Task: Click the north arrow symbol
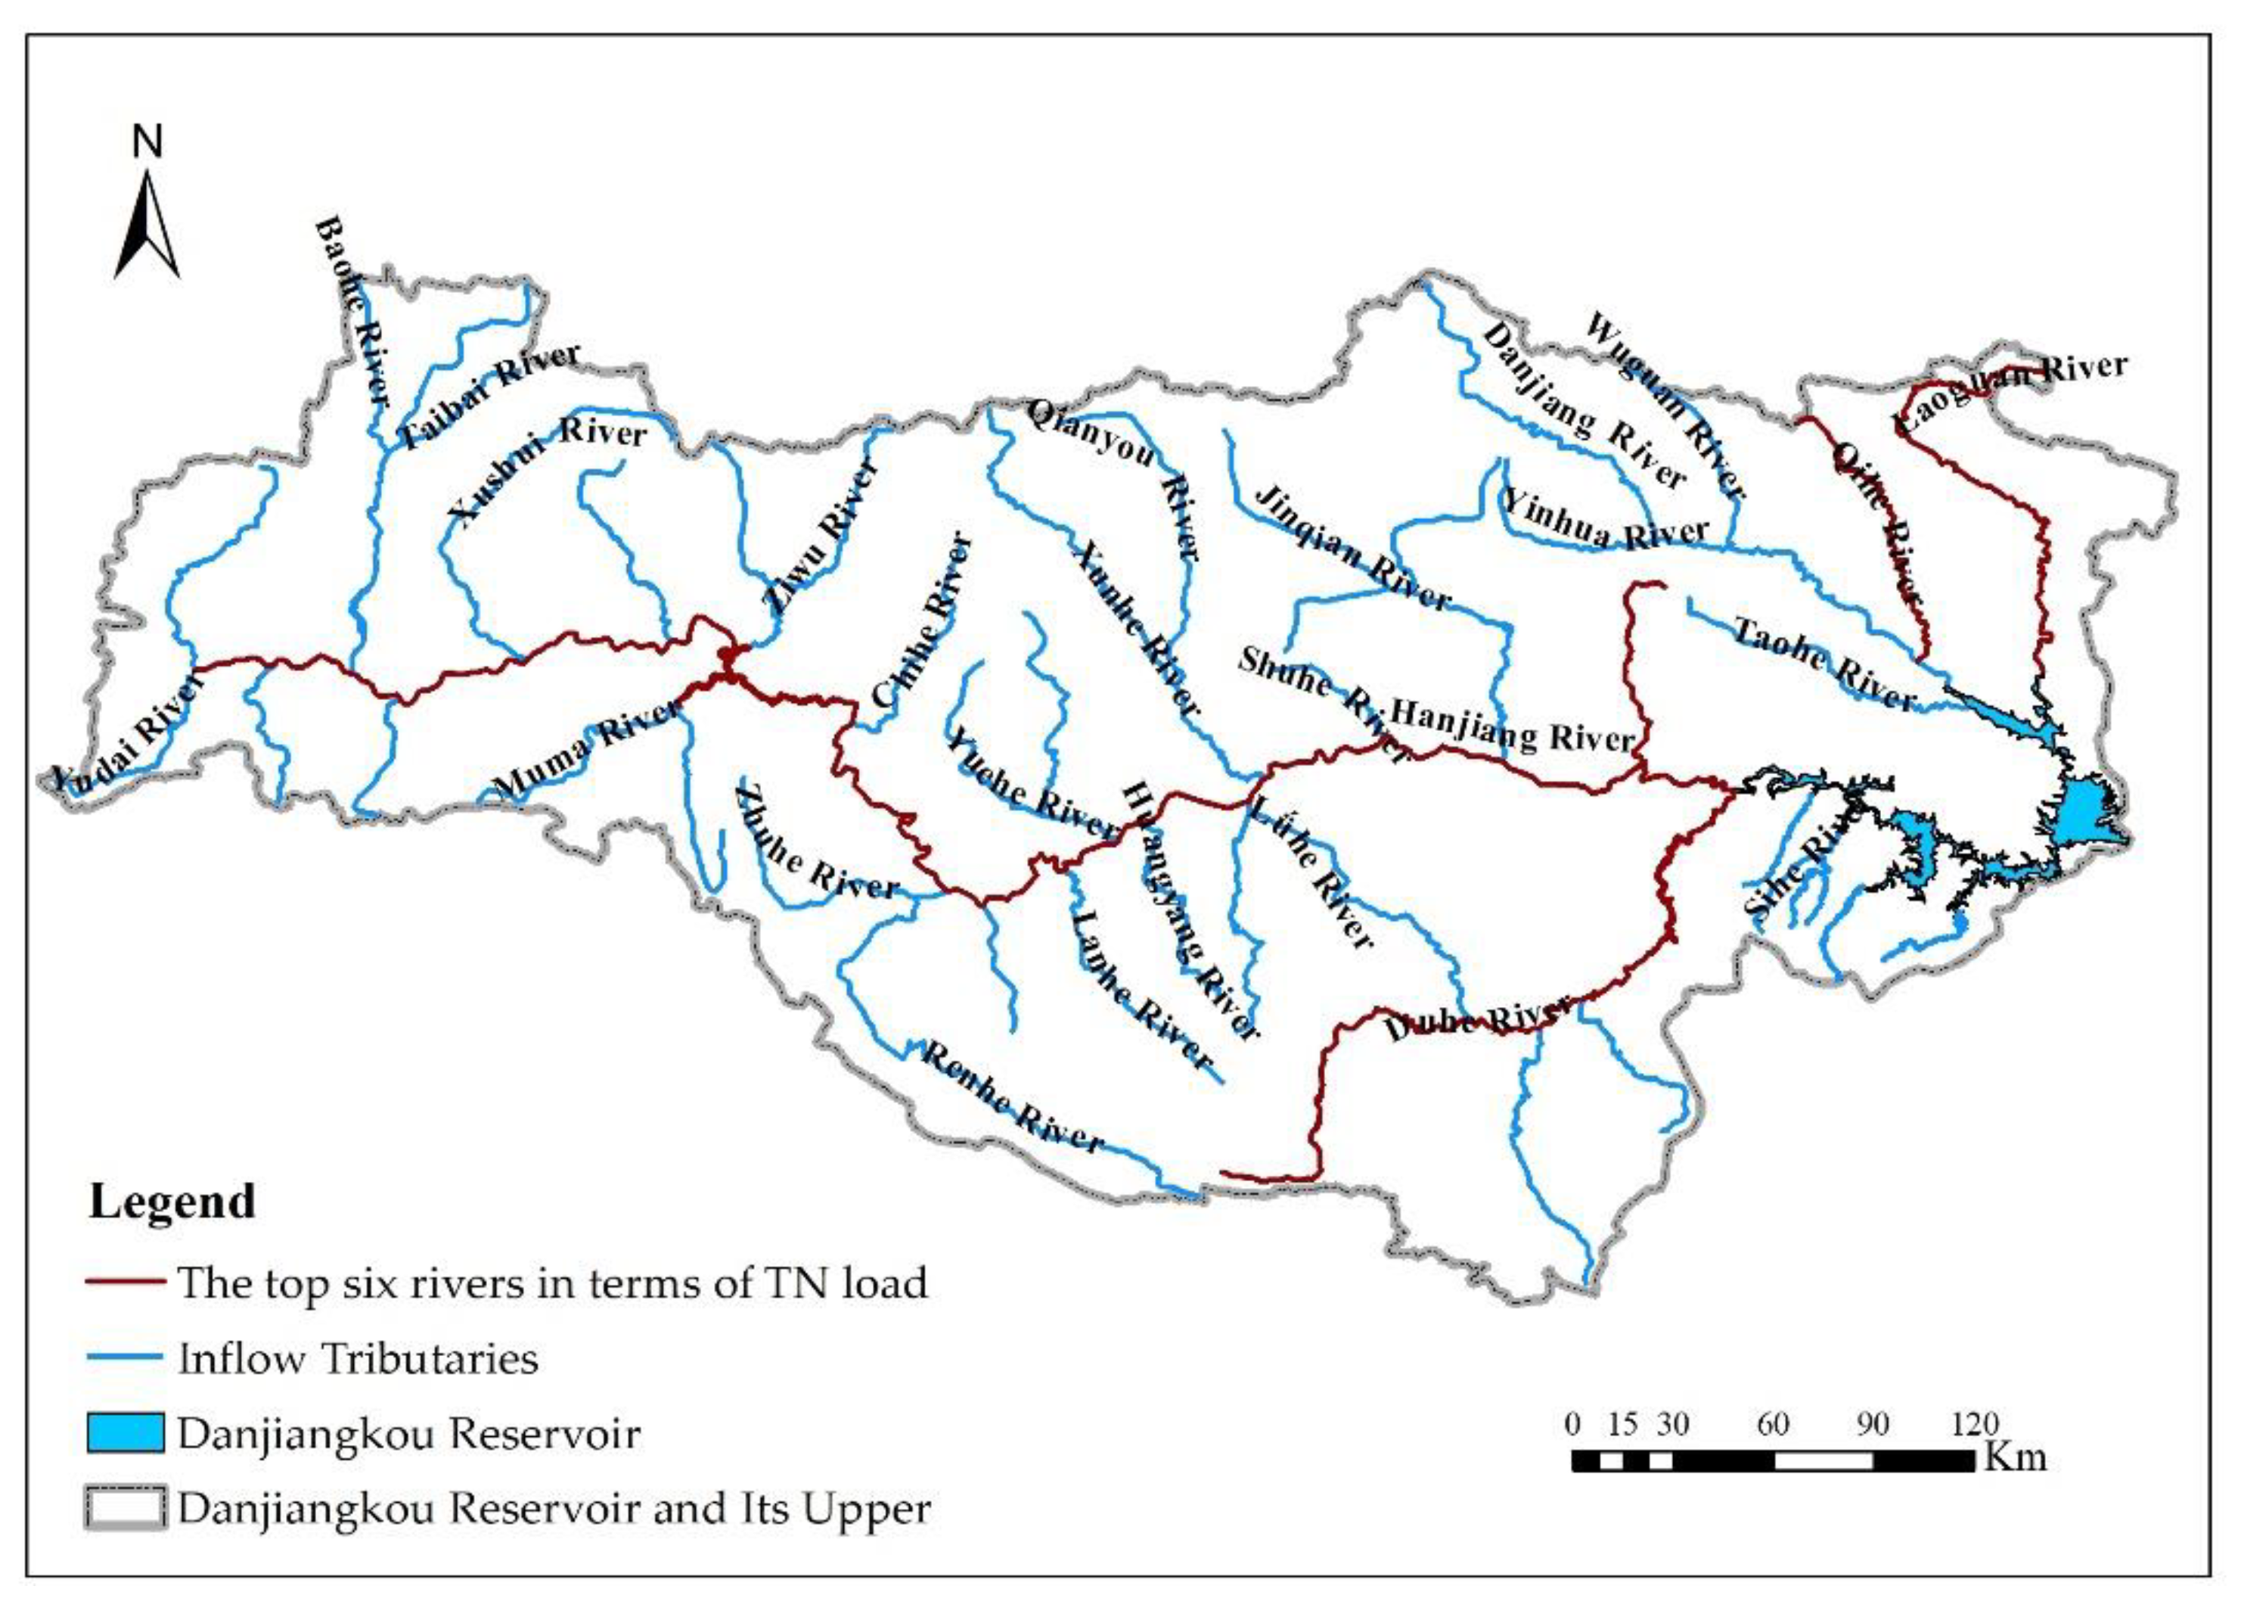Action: coord(147,225)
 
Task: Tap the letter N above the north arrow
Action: coord(147,143)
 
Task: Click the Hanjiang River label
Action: coord(1512,726)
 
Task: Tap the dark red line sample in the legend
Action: coord(125,1282)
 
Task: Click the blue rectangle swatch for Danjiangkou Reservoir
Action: coord(125,1433)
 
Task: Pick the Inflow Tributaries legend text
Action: coord(358,1358)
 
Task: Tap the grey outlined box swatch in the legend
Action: coord(125,1508)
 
